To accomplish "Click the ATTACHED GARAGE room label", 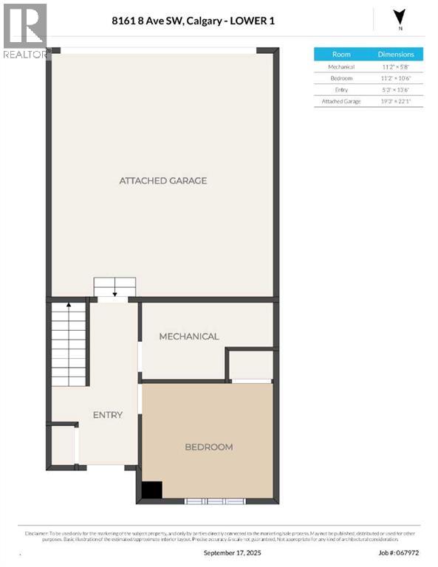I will point(162,181).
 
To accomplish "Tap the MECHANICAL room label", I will point(189,337).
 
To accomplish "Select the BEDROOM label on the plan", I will point(208,447).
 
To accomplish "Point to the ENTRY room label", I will point(107,415).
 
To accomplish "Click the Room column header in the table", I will point(341,55).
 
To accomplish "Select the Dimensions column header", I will point(396,55).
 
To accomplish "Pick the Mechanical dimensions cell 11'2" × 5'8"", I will point(396,66).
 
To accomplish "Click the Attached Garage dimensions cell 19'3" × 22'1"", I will point(396,101).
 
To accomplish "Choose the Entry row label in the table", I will point(341,89).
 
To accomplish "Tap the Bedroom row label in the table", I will point(341,78).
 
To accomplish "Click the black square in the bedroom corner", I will point(151,490).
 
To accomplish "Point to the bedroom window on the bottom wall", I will point(214,501).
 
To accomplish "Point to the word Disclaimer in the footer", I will point(37,533).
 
